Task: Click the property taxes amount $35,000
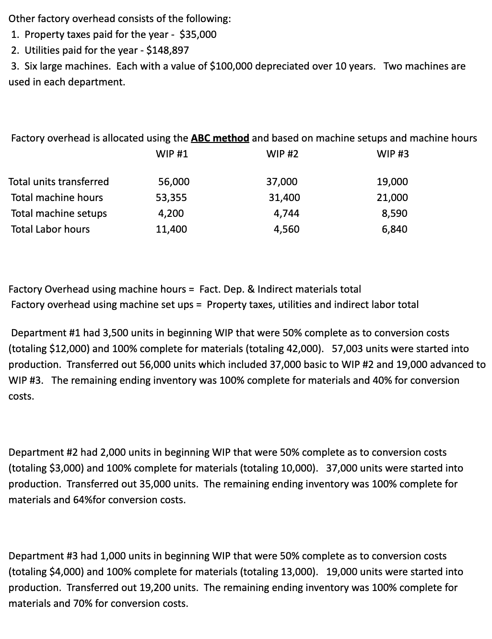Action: click(x=198, y=35)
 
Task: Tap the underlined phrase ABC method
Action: click(x=220, y=139)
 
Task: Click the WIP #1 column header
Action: click(x=172, y=154)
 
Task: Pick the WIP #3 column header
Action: click(x=393, y=154)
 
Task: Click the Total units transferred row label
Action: click(x=59, y=182)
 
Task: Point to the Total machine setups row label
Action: click(x=59, y=213)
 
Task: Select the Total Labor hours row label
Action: click(x=50, y=229)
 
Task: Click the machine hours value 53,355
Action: click(x=171, y=198)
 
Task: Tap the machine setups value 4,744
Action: click(x=286, y=213)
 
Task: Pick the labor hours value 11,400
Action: click(x=171, y=229)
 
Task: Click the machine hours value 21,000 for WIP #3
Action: click(x=392, y=198)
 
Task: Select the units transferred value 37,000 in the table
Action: click(x=281, y=182)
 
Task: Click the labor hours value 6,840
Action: click(x=395, y=229)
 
